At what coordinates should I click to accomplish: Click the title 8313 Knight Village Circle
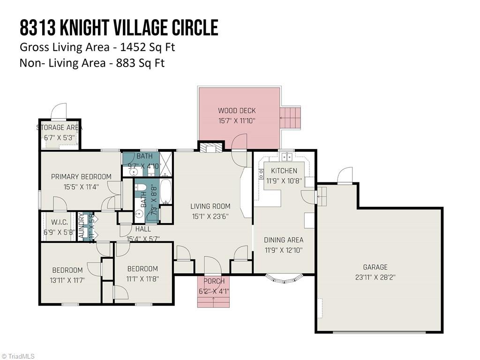pos(119,28)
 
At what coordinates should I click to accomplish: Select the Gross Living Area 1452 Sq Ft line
pos(97,47)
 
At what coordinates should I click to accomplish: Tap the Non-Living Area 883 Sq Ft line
pos(92,63)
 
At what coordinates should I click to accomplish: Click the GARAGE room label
pos(375,267)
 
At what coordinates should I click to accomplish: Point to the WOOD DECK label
pos(237,111)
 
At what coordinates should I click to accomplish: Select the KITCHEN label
pos(284,171)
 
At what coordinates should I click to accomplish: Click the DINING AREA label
pos(283,240)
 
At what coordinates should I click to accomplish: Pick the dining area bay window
pos(284,279)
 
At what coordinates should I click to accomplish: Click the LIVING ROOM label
pos(210,206)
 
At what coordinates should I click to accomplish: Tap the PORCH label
pos(213,281)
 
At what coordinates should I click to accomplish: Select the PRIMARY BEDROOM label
pos(81,177)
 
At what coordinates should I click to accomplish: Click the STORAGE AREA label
pos(60,127)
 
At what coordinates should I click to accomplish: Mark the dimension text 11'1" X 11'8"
pos(142,278)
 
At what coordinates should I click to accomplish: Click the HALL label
pos(143,229)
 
